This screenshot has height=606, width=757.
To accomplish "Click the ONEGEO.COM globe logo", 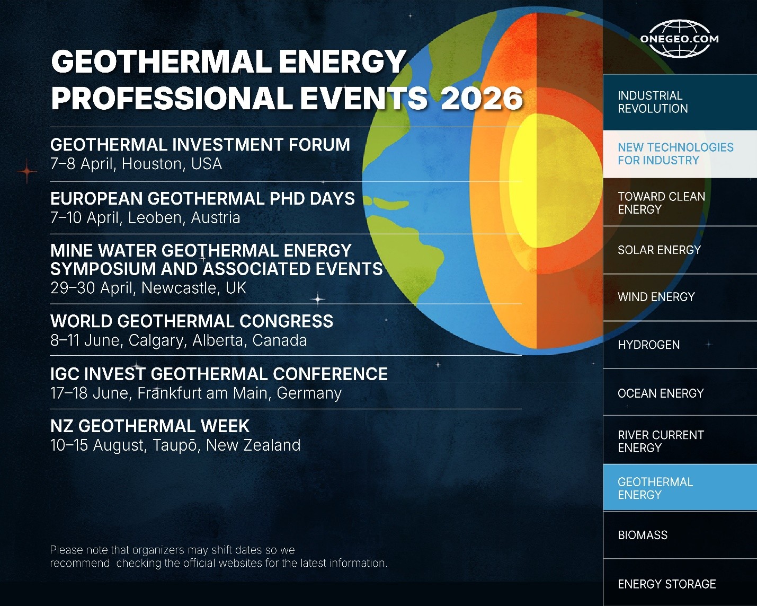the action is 679,38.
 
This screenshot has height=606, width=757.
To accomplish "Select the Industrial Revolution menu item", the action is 680,102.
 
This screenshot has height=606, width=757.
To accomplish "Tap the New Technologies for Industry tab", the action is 680,154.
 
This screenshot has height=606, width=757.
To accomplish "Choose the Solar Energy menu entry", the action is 680,250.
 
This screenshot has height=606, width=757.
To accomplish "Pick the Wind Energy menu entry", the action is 680,297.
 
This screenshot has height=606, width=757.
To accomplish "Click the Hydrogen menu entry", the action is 680,345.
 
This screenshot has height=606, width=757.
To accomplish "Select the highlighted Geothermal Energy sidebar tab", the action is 680,488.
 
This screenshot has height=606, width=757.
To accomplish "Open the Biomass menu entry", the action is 680,535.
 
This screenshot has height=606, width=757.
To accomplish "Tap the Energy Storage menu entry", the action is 680,583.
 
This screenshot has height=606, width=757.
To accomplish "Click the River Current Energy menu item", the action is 680,441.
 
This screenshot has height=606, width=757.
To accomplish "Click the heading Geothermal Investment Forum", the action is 200,145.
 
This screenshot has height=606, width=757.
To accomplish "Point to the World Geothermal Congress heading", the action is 192,321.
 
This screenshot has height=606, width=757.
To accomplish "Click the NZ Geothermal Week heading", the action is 150,426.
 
